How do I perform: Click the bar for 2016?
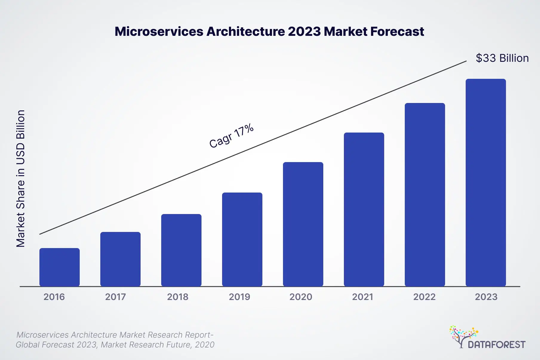point(59,267)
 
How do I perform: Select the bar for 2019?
point(242,239)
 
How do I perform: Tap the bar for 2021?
point(364,210)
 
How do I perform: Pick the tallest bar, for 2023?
point(486,183)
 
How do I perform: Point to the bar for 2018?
point(181,250)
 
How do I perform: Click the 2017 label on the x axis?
point(116,297)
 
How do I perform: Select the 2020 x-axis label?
point(301,297)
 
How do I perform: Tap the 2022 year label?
point(424,297)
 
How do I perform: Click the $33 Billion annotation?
point(502,58)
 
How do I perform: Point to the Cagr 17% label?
point(231,136)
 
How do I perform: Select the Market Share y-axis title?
point(21,179)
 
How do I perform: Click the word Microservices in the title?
point(159,32)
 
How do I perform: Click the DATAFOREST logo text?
point(496,345)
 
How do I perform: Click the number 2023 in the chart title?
point(304,32)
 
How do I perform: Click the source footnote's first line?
point(115,335)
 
